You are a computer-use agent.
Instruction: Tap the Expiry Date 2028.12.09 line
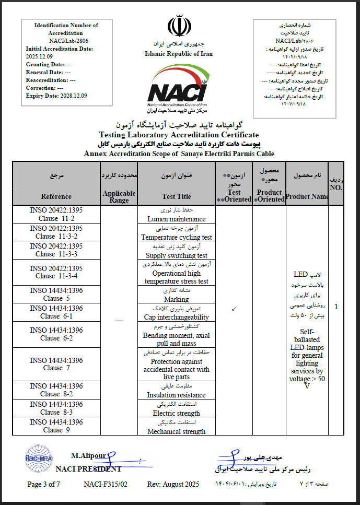pos(56,96)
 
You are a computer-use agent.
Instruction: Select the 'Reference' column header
pos(56,196)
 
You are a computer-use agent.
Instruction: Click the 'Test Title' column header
pos(177,196)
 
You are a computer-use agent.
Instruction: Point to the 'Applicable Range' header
pos(119,196)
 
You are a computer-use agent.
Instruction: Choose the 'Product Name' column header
pos(307,196)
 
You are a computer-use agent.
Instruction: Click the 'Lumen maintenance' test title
pos(177,219)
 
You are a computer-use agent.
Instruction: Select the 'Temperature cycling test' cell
pos(177,237)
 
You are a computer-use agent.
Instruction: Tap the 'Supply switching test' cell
pos(177,255)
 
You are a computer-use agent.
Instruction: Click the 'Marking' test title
pos(177,299)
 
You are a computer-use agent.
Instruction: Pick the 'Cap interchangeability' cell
pos(177,317)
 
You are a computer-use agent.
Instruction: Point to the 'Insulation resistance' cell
pos(177,395)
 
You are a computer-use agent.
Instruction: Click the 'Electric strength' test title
pos(177,413)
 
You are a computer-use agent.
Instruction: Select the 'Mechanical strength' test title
pos(177,431)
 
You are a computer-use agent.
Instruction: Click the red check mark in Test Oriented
pos(234,309)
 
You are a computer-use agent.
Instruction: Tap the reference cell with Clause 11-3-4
pos(56,272)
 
